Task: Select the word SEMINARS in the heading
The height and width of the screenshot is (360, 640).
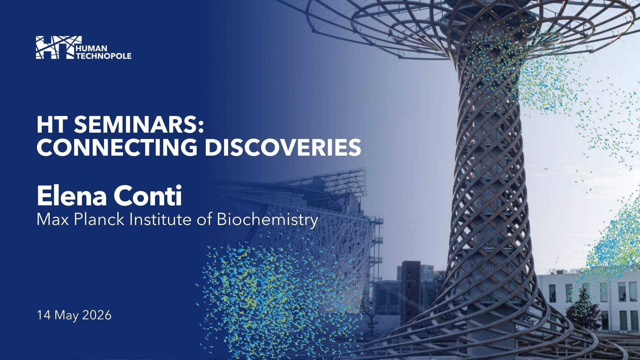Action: (134, 126)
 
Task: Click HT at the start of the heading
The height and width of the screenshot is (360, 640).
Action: (50, 126)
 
